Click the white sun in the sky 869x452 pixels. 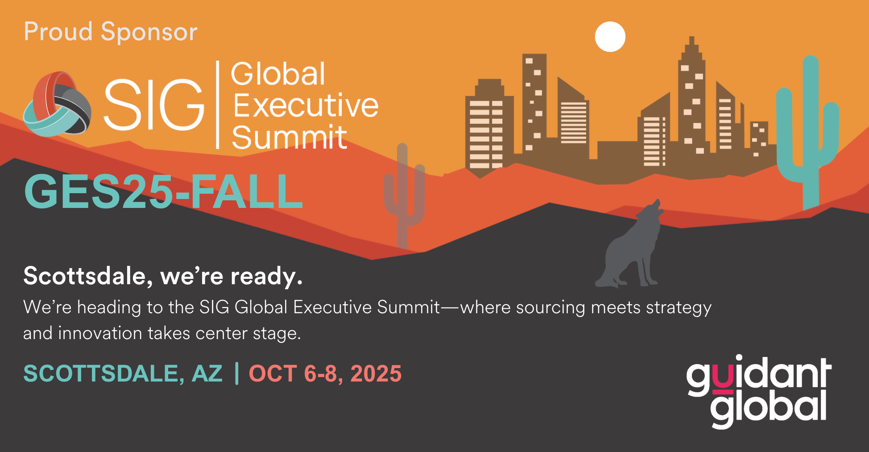coord(610,37)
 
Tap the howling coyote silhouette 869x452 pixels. coord(629,250)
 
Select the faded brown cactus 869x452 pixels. coord(403,196)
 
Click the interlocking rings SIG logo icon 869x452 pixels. coord(57,104)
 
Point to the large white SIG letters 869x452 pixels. coord(154,105)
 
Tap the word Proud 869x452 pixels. coord(58,32)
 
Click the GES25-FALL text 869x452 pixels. coord(164,191)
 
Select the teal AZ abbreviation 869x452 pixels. coord(207,373)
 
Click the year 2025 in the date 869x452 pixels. coord(376,373)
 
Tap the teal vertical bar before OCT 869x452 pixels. coord(236,373)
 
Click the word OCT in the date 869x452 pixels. coord(273,373)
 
